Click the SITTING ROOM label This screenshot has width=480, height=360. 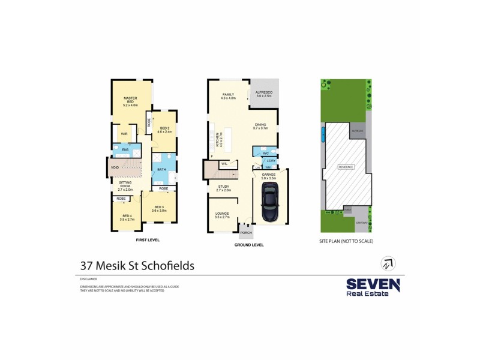pos(125,183)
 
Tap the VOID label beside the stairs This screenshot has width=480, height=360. pos(115,167)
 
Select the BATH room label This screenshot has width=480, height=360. pos(161,170)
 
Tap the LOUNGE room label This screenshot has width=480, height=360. pos(222,214)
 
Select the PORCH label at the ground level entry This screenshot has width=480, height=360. pos(247,232)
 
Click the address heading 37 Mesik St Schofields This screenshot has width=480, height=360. pos(137,265)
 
